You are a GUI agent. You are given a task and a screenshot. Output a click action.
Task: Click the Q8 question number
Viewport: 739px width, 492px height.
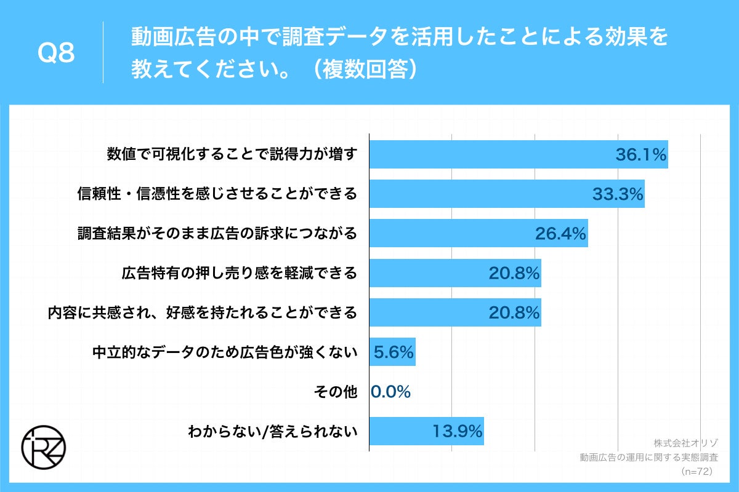pos(56,54)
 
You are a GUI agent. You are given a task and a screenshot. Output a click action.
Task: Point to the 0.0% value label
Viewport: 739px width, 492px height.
pos(391,392)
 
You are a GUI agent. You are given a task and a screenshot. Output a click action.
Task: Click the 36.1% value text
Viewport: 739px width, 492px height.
pos(641,155)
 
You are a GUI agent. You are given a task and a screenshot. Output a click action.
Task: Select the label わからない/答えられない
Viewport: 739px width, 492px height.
pos(272,432)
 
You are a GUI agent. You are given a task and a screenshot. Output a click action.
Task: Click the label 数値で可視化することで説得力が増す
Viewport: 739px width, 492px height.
pos(232,155)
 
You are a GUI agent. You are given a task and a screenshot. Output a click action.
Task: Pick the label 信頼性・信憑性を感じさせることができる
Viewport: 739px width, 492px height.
pos(217,194)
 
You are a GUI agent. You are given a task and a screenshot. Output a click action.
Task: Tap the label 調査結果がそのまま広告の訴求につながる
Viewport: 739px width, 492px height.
pos(217,234)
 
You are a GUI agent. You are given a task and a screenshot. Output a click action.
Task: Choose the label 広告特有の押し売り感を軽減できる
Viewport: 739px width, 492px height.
pos(239,273)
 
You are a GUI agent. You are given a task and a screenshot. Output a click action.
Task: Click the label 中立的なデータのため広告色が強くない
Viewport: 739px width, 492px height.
pos(225,352)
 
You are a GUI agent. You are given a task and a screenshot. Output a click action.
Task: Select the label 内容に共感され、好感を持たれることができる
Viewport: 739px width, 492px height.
pos(203,313)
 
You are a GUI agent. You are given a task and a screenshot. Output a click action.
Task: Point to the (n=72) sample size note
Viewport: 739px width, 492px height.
pos(697,471)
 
